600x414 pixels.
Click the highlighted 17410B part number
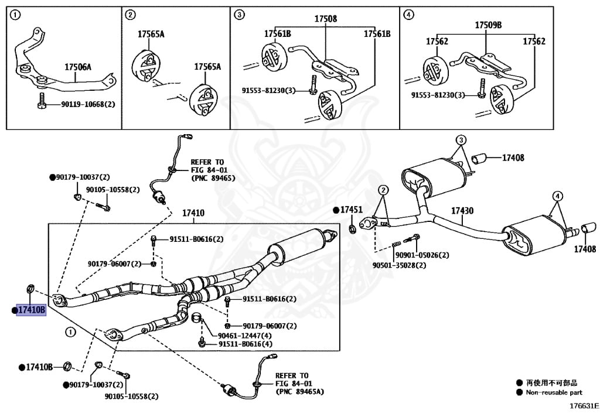pos(31,310)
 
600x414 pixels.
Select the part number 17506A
pos(77,67)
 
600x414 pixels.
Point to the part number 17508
pos(325,19)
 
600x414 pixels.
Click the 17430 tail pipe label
pos(462,211)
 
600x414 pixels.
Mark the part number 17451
pos(352,210)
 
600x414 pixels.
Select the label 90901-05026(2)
pos(422,255)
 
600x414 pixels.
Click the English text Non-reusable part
pos(554,392)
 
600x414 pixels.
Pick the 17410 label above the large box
pos(193,213)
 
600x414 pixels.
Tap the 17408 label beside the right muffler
pos(584,249)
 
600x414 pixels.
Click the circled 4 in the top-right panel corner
pos(408,15)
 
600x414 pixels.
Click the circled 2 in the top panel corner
pos(130,15)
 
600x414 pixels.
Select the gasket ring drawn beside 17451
pos(352,228)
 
